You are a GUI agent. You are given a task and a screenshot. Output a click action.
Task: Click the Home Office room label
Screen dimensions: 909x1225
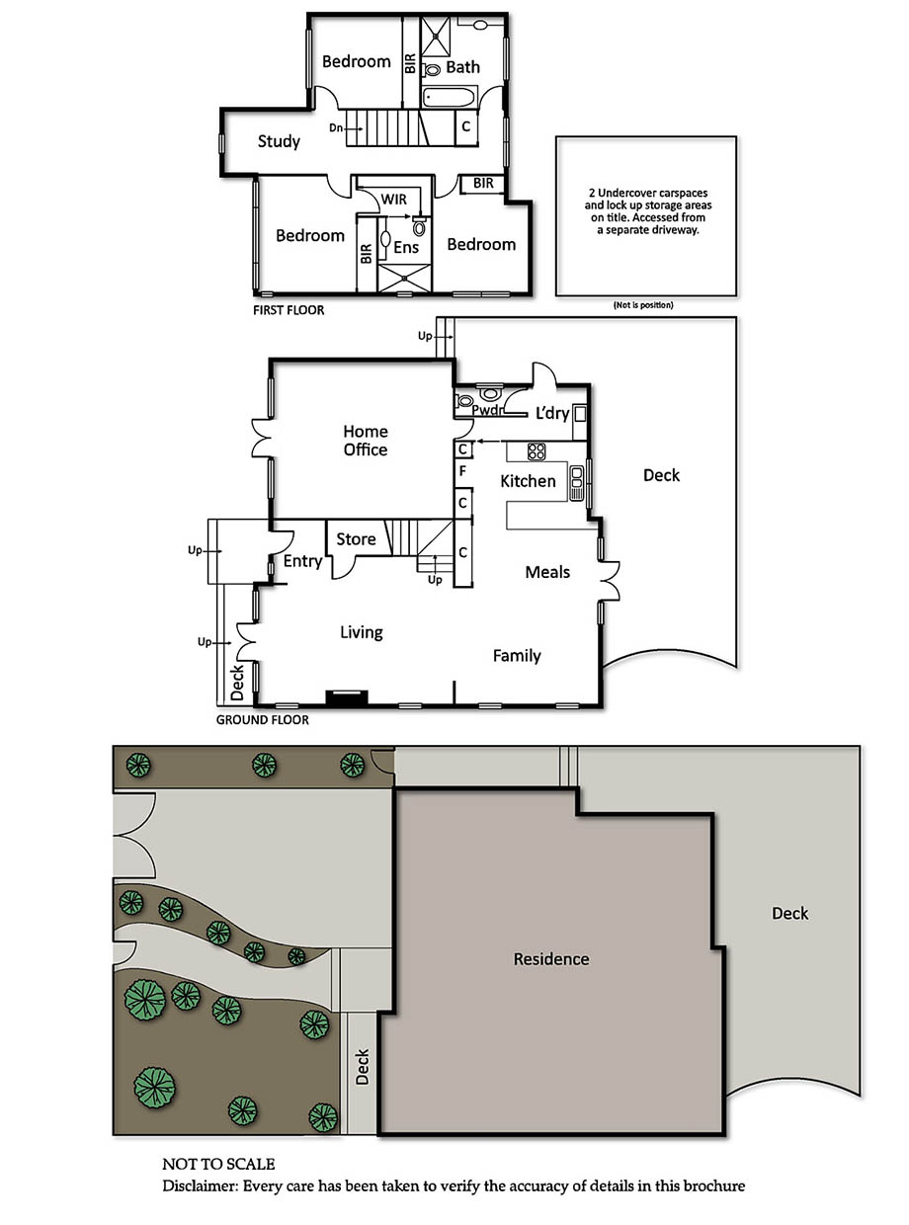pyautogui.click(x=366, y=441)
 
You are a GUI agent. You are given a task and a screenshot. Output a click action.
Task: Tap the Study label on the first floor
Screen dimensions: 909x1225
pyautogui.click(x=279, y=142)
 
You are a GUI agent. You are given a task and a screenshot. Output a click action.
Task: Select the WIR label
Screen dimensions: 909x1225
pyautogui.click(x=393, y=200)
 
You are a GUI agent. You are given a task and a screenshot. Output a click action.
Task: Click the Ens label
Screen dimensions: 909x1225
pyautogui.click(x=406, y=247)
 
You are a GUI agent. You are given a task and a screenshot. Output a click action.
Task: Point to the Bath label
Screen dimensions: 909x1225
pyautogui.click(x=462, y=67)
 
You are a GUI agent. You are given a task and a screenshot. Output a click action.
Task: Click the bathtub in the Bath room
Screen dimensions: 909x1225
pyautogui.click(x=450, y=98)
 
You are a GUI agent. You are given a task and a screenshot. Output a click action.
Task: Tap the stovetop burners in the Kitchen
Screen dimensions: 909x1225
pyautogui.click(x=537, y=451)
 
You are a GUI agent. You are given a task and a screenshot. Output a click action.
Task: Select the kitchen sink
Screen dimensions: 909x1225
pyautogui.click(x=576, y=483)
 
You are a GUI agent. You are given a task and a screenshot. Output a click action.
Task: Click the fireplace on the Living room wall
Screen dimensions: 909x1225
pyautogui.click(x=347, y=697)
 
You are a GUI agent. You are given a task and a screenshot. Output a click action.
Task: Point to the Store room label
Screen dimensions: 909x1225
pyautogui.click(x=356, y=539)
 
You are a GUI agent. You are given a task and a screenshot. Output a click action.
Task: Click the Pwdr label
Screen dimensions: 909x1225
pyautogui.click(x=487, y=410)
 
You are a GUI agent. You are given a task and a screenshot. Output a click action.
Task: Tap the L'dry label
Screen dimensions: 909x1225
pyautogui.click(x=552, y=413)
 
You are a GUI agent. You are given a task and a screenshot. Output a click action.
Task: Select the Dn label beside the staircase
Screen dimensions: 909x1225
pyautogui.click(x=335, y=128)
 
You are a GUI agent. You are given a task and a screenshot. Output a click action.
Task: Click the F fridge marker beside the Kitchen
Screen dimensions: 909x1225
pyautogui.click(x=462, y=471)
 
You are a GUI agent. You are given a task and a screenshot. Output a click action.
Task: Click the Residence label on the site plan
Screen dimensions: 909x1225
pyautogui.click(x=551, y=959)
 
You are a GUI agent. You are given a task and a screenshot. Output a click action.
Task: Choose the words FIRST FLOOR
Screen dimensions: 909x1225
pyautogui.click(x=289, y=310)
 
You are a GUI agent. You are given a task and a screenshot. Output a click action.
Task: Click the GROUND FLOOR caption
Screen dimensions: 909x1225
pyautogui.click(x=262, y=720)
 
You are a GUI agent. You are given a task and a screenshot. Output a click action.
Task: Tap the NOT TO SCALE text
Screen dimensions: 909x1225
pyautogui.click(x=218, y=1165)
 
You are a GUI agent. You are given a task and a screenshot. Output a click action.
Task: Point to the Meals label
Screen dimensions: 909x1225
pyautogui.click(x=547, y=572)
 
